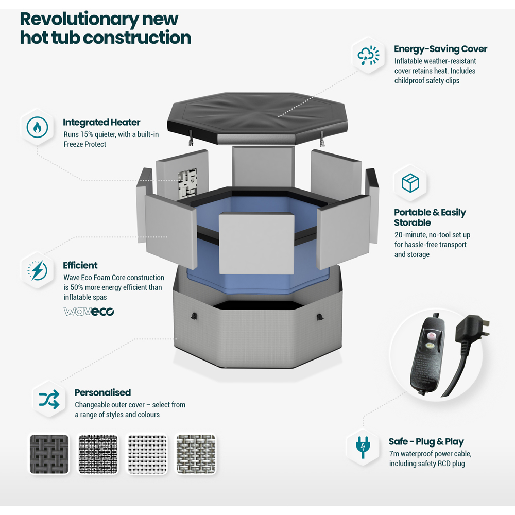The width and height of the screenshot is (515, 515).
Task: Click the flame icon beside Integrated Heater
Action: click(37, 127)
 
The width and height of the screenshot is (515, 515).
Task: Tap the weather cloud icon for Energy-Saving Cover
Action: click(369, 55)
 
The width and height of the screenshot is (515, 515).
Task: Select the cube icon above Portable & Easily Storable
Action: click(410, 183)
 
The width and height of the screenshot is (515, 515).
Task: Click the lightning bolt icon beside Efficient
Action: click(37, 270)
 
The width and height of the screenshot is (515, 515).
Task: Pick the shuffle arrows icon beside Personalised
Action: click(49, 400)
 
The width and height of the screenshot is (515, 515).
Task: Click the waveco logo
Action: click(89, 312)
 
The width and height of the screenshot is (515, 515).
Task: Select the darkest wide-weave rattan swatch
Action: click(49, 454)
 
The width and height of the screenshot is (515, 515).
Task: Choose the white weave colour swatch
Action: click(147, 454)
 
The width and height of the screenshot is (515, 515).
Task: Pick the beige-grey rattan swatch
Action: click(196, 454)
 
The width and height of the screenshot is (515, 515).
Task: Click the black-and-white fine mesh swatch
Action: click(98, 454)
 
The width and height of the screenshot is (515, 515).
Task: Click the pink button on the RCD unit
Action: click(432, 335)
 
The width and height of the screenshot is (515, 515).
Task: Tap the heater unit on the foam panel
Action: click(187, 183)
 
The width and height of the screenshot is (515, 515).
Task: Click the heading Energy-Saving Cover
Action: click(440, 49)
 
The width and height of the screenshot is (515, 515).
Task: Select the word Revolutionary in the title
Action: click(79, 19)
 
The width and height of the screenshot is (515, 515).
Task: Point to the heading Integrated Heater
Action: click(101, 122)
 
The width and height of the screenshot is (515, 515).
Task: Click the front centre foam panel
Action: click(256, 243)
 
